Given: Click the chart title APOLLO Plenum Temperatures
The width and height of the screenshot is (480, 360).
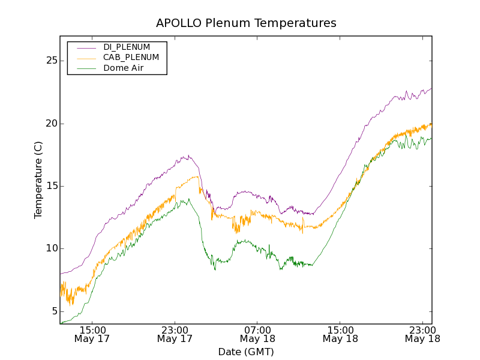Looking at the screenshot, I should coord(246,23).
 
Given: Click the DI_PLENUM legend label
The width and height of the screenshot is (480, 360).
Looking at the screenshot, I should coord(127,47).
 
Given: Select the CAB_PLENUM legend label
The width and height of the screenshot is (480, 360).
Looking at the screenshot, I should coord(131,58).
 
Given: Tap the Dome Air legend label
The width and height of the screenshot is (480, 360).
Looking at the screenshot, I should coord(124,68).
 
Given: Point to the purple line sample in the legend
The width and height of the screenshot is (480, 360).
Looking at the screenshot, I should coord(83,47).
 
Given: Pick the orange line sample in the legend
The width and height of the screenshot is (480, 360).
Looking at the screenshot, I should coord(83,58).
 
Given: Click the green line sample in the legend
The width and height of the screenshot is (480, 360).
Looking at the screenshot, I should coord(83,68).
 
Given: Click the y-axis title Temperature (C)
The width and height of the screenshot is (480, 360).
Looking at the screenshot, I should coord(38,180).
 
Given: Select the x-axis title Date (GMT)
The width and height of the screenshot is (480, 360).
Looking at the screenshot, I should coord(246,352).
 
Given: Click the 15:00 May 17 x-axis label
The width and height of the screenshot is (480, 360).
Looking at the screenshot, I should coord(92,334).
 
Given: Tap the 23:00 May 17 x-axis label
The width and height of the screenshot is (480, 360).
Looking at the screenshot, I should coord(175,334).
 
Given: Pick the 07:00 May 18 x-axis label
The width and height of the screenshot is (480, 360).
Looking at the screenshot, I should coord(258,334).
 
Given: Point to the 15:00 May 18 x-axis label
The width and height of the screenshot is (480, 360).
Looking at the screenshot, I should coord(340,334).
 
